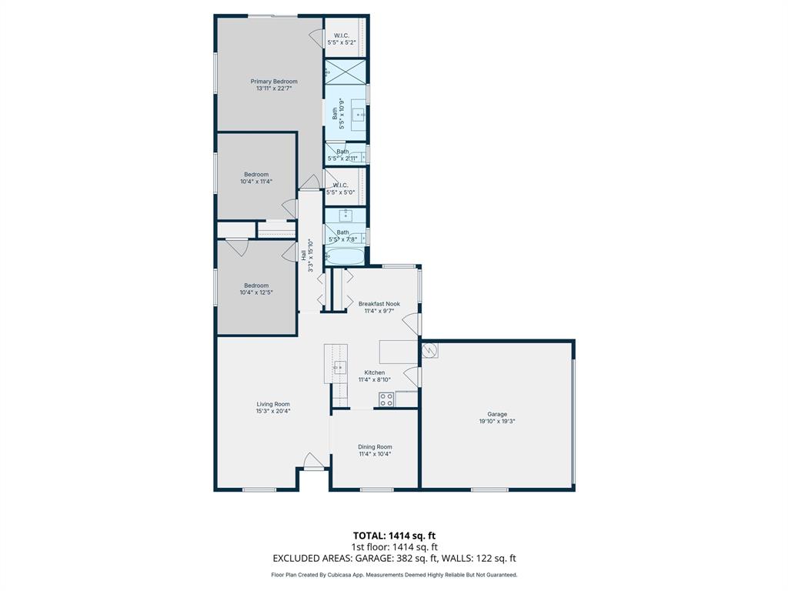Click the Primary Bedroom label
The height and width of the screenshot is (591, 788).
[x=273, y=82]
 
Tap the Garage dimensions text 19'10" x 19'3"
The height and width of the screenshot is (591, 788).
[x=496, y=422]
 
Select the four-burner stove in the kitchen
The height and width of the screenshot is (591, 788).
[x=386, y=399]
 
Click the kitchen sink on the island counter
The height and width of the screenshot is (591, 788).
[x=339, y=367]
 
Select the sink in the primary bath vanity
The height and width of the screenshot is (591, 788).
[x=359, y=115]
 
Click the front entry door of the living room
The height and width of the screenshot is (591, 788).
[x=313, y=462]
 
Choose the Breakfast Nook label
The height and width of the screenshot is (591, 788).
[x=379, y=304]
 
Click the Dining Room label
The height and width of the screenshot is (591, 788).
[x=375, y=447]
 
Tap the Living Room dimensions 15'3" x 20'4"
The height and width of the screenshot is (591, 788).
[x=273, y=412]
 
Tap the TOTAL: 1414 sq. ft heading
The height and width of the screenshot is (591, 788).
[x=394, y=536]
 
